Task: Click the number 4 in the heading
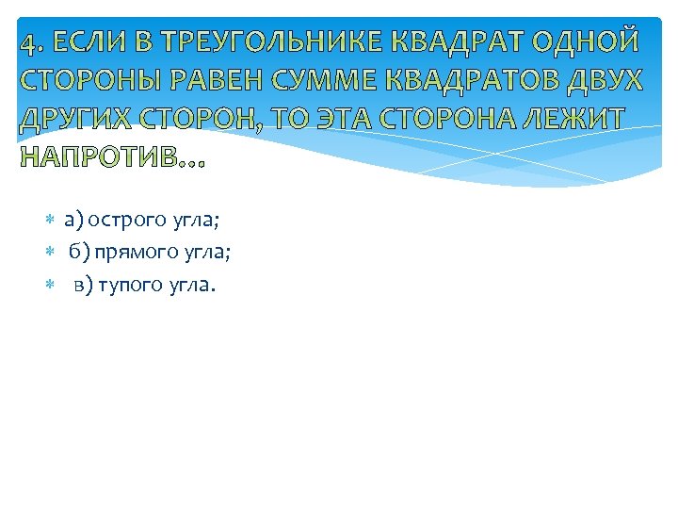coord(27,44)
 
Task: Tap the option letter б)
coord(79,253)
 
